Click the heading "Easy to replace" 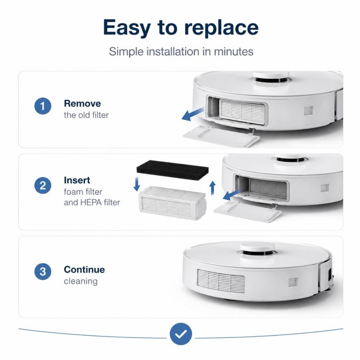click(181, 27)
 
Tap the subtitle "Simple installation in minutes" click(181, 51)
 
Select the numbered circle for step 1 click(43, 106)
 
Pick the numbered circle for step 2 click(43, 185)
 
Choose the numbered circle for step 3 click(43, 272)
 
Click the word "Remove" click(83, 103)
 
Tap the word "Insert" click(77, 180)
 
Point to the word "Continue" click(84, 270)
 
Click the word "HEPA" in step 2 click(91, 202)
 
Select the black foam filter click(172, 170)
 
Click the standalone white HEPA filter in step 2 click(172, 203)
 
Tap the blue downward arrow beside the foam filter click(137, 184)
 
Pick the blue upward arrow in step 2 click(213, 188)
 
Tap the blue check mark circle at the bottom click(181, 334)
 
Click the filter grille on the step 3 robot click(221, 281)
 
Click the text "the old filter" click(86, 115)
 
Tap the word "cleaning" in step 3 click(81, 281)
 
